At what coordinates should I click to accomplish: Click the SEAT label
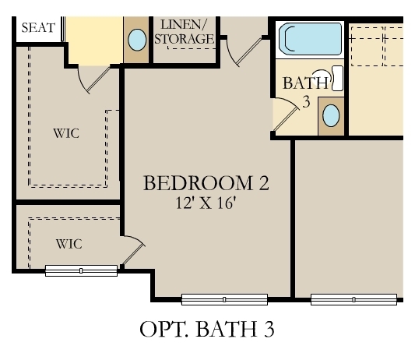tap(38, 28)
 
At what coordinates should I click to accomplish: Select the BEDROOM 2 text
tap(206, 184)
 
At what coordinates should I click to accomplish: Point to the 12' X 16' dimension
tap(206, 203)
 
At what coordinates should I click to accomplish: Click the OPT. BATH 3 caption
tap(207, 330)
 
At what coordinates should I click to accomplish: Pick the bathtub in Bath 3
tap(311, 39)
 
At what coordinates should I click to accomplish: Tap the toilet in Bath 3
tap(336, 79)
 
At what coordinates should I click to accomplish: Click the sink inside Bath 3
tap(331, 116)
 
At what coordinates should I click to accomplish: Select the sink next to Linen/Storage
tap(136, 40)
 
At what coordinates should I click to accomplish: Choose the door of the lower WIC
tap(133, 250)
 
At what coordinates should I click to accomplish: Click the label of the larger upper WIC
tap(66, 133)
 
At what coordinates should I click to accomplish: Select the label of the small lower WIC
tap(69, 243)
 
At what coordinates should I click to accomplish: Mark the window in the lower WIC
tap(81, 270)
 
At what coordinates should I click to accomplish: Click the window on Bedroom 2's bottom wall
tap(224, 298)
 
